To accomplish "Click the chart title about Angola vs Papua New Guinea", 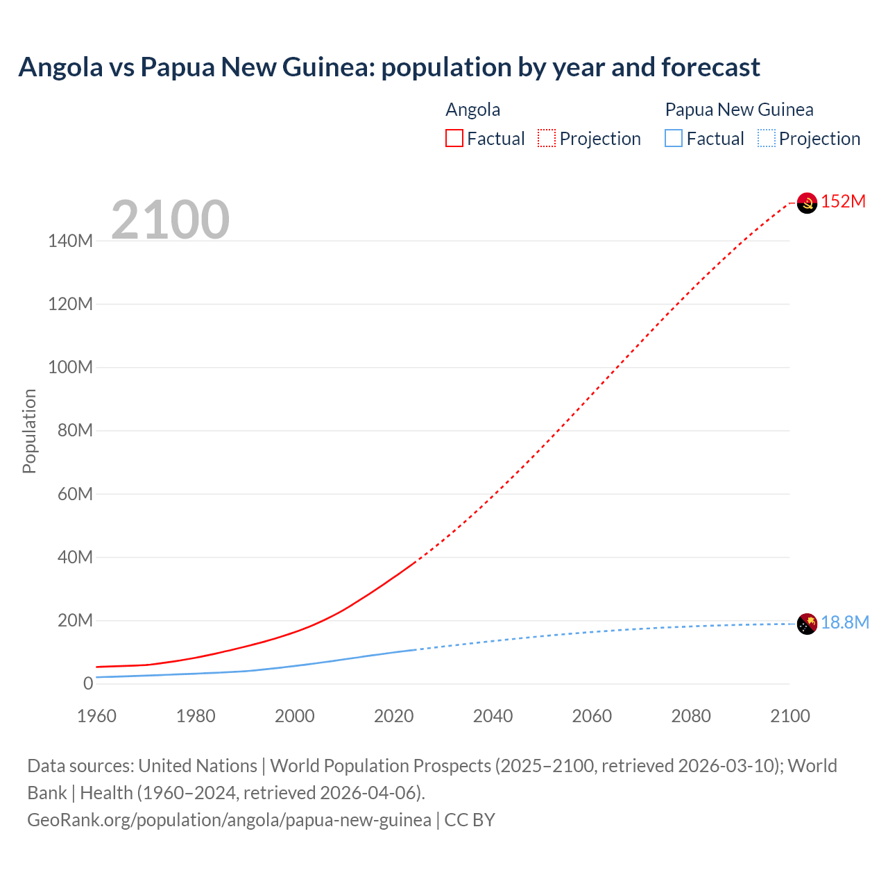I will pyautogui.click(x=389, y=67).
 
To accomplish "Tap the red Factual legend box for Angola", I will pyautogui.click(x=454, y=138).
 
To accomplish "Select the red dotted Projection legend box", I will pyautogui.click(x=547, y=138).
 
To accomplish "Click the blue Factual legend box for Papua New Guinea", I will pyautogui.click(x=674, y=138).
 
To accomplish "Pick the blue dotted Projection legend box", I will pyautogui.click(x=767, y=138).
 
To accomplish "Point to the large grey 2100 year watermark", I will pyautogui.click(x=170, y=220).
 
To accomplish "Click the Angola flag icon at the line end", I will pyautogui.click(x=807, y=203).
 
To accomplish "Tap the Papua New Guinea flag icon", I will pyautogui.click(x=807, y=624).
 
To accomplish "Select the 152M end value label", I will pyautogui.click(x=844, y=202).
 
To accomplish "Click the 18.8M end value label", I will pyautogui.click(x=845, y=623).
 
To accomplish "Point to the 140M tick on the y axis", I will pyautogui.click(x=70, y=241).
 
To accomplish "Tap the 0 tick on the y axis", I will pyautogui.click(x=87, y=683).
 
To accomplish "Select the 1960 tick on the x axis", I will pyautogui.click(x=96, y=716).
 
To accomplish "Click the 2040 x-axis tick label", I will pyautogui.click(x=493, y=716).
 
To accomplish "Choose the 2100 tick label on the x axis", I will pyautogui.click(x=789, y=716).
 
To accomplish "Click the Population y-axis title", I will pyautogui.click(x=29, y=431).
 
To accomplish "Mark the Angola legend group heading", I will pyautogui.click(x=472, y=110).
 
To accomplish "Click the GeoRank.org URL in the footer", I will pyautogui.click(x=229, y=820).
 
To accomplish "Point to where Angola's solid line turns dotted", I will pyautogui.click(x=415, y=563).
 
